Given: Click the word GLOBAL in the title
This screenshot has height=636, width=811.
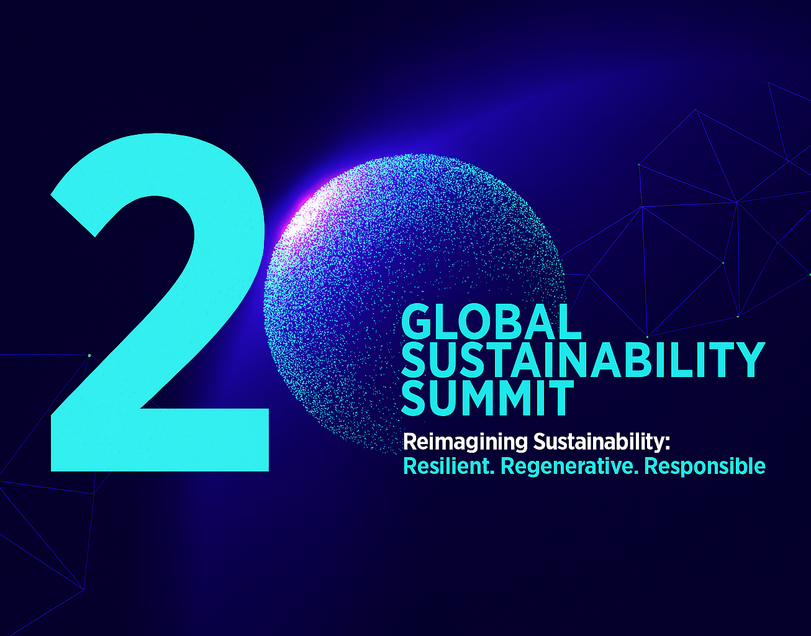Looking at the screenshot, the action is (x=491, y=321).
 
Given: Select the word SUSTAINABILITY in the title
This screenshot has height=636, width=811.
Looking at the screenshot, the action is (x=583, y=360).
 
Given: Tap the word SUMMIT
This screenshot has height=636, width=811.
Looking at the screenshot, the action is (x=487, y=397).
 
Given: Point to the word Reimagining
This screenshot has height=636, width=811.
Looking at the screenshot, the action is (x=465, y=443).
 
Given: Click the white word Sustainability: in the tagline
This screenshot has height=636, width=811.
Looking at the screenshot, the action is (x=601, y=442).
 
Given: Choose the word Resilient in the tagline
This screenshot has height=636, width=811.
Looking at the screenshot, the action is (x=448, y=466).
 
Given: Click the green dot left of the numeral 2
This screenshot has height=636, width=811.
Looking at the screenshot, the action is (x=89, y=356).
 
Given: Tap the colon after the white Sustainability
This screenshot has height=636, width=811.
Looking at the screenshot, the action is (x=667, y=444).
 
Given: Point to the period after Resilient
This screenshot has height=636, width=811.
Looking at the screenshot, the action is (x=492, y=473).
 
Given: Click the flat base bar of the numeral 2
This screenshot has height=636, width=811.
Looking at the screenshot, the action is (x=160, y=440).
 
